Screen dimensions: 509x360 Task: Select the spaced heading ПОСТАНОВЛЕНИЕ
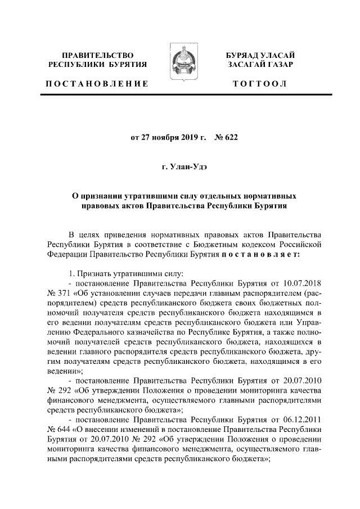97,83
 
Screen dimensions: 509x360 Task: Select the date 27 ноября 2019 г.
169,137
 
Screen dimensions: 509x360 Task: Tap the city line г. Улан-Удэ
180,166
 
